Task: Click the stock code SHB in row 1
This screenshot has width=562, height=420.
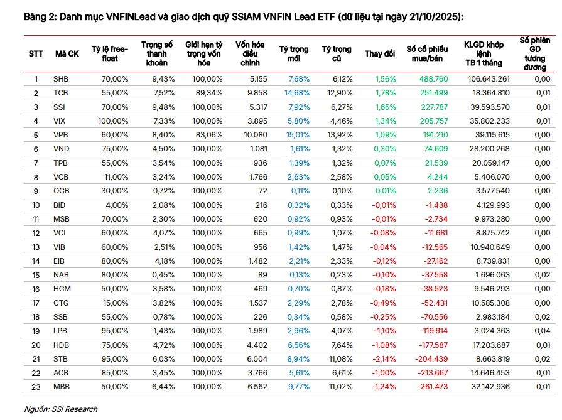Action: pyautogui.click(x=60, y=79)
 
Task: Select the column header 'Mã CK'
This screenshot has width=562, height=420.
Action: pyautogui.click(x=67, y=54)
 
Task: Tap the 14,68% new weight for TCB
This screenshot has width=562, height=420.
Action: pyautogui.click(x=297, y=93)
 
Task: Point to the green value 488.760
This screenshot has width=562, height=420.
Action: pyautogui.click(x=434, y=79)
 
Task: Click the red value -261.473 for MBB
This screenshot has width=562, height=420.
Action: pyautogui.click(x=433, y=387)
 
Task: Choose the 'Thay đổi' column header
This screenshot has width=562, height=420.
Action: pyautogui.click(x=379, y=54)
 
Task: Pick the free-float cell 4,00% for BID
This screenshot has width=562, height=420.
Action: pyautogui.click(x=117, y=205)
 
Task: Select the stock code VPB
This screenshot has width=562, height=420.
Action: pyautogui.click(x=60, y=135)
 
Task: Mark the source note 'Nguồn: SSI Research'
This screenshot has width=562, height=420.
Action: pyautogui.click(x=60, y=409)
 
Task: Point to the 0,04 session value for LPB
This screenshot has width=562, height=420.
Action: pyautogui.click(x=543, y=331)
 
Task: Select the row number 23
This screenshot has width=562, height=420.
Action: pyautogui.click(x=36, y=387)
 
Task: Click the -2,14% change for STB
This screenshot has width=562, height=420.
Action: pyautogui.click(x=384, y=359)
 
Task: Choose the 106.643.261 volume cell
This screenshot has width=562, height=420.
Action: pyautogui.click(x=489, y=79)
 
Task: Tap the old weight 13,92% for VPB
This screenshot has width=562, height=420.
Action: pyautogui.click(x=340, y=135)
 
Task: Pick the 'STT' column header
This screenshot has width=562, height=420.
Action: pyautogui.click(x=36, y=54)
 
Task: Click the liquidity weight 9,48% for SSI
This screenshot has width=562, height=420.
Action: pyautogui.click(x=163, y=107)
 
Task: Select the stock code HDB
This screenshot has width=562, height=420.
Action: pyautogui.click(x=61, y=345)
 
